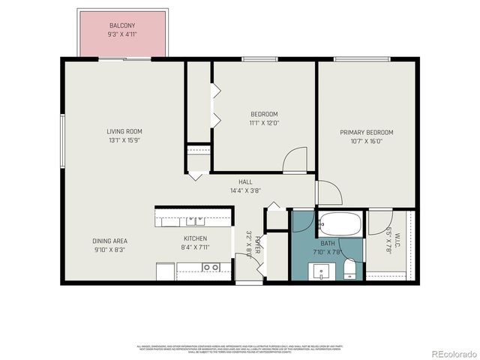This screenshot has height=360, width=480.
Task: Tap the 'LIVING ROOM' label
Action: (x=124, y=131)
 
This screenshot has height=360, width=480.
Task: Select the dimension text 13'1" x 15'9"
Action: (x=124, y=140)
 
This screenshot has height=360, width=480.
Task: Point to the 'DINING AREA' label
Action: (x=109, y=241)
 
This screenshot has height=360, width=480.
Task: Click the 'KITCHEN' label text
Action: (x=194, y=238)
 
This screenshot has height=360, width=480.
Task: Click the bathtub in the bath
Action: (x=340, y=222)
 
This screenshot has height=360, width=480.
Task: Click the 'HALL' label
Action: (x=245, y=181)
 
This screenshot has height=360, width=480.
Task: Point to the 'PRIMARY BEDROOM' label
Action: (x=366, y=132)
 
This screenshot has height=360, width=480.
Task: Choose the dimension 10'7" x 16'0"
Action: (x=366, y=141)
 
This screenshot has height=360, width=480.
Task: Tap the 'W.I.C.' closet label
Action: (x=398, y=242)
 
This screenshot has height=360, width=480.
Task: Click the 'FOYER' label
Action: (x=257, y=244)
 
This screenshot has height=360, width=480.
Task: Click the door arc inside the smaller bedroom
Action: (x=295, y=160)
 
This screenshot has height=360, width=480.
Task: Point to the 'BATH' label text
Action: (x=328, y=244)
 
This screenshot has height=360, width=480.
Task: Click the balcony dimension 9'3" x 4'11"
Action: (x=121, y=34)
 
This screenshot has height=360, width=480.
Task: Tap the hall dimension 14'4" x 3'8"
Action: (x=245, y=190)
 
